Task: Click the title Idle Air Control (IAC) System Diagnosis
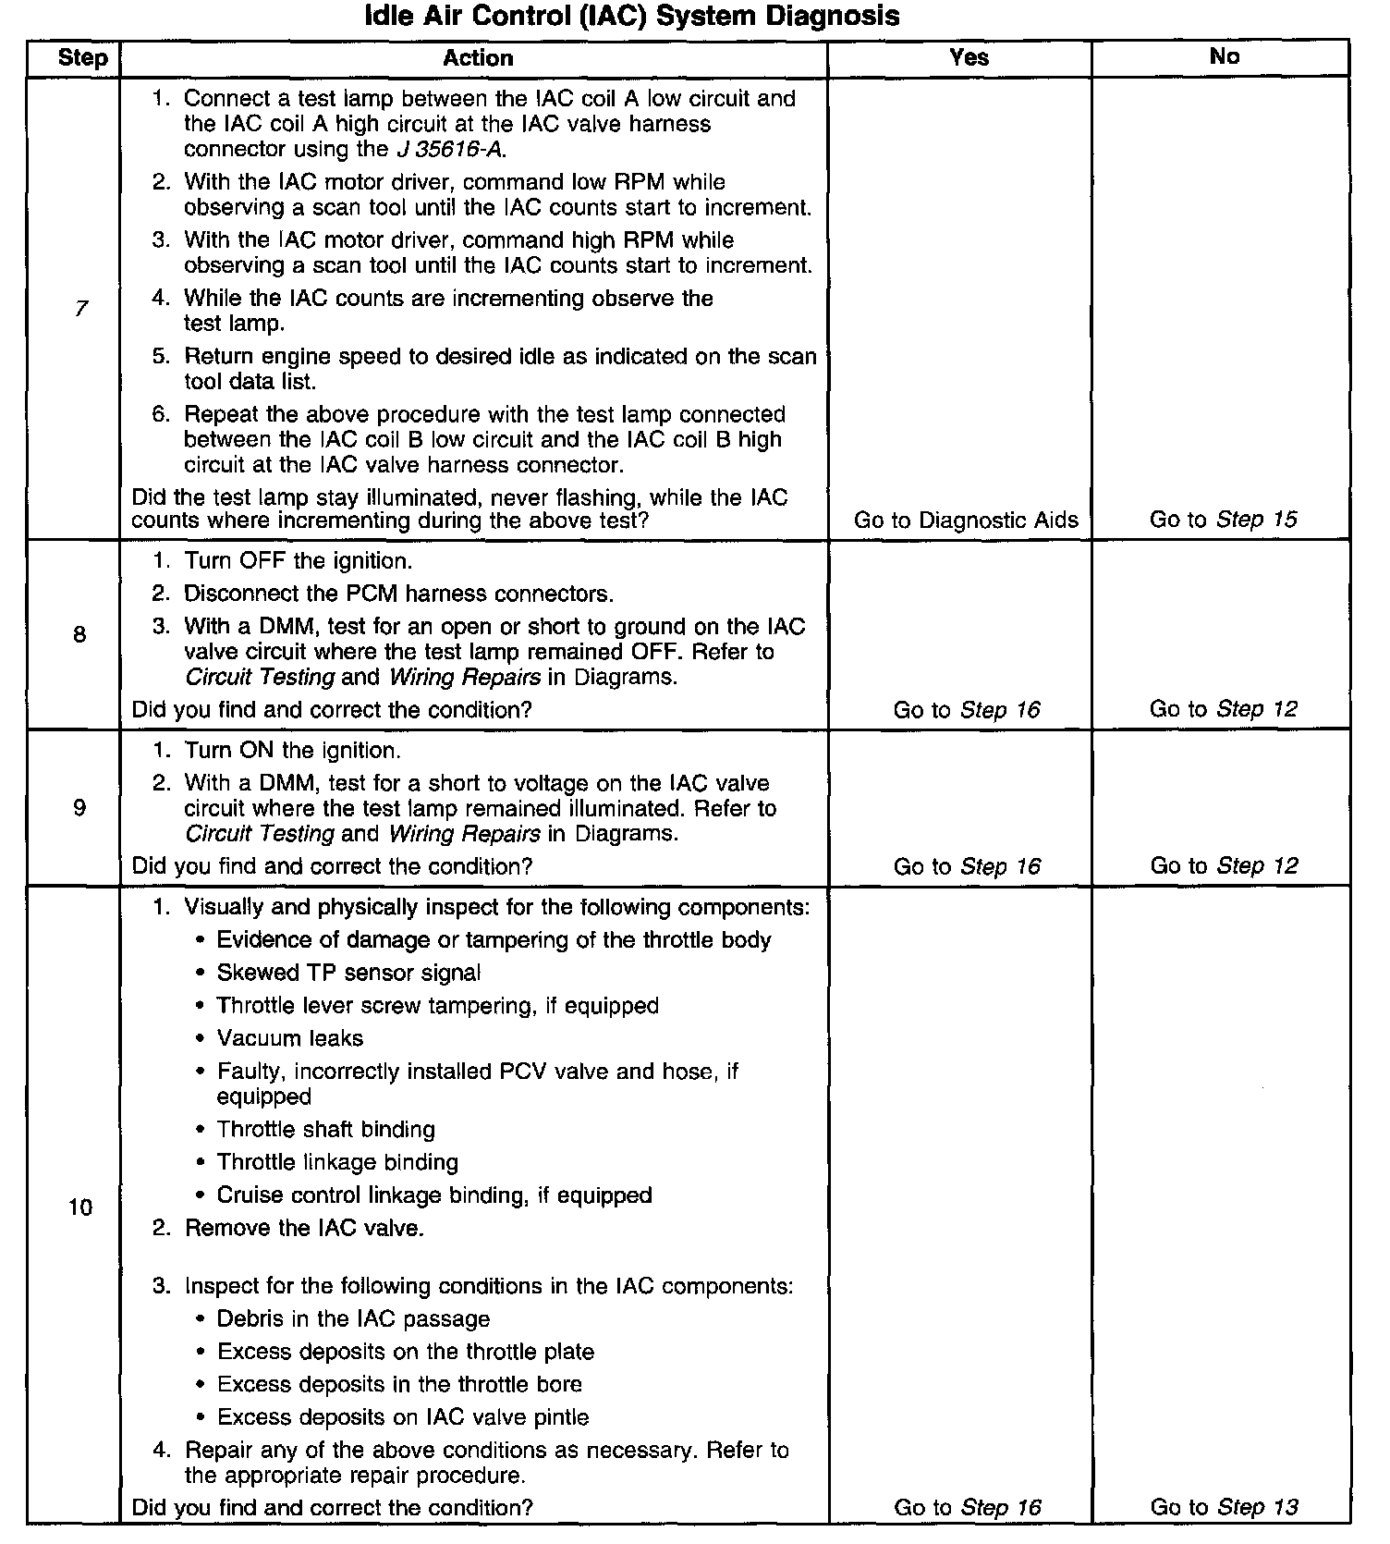click(632, 16)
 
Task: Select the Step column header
click(82, 58)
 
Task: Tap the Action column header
click(478, 58)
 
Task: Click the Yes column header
click(969, 57)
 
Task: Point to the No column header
click(1224, 57)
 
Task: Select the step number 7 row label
click(81, 309)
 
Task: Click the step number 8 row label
click(79, 634)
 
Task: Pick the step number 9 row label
click(79, 808)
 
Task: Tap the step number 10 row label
click(80, 1207)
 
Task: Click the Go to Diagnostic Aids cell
click(966, 520)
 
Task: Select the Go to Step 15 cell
click(1223, 520)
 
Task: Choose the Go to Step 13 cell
click(1224, 1507)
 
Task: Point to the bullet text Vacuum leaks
click(290, 1038)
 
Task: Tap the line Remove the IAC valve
click(304, 1228)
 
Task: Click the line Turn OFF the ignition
click(298, 561)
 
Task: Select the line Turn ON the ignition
click(292, 750)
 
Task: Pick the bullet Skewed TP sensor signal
click(348, 973)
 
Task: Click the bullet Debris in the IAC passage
click(353, 1318)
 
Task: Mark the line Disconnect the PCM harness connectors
click(398, 594)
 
